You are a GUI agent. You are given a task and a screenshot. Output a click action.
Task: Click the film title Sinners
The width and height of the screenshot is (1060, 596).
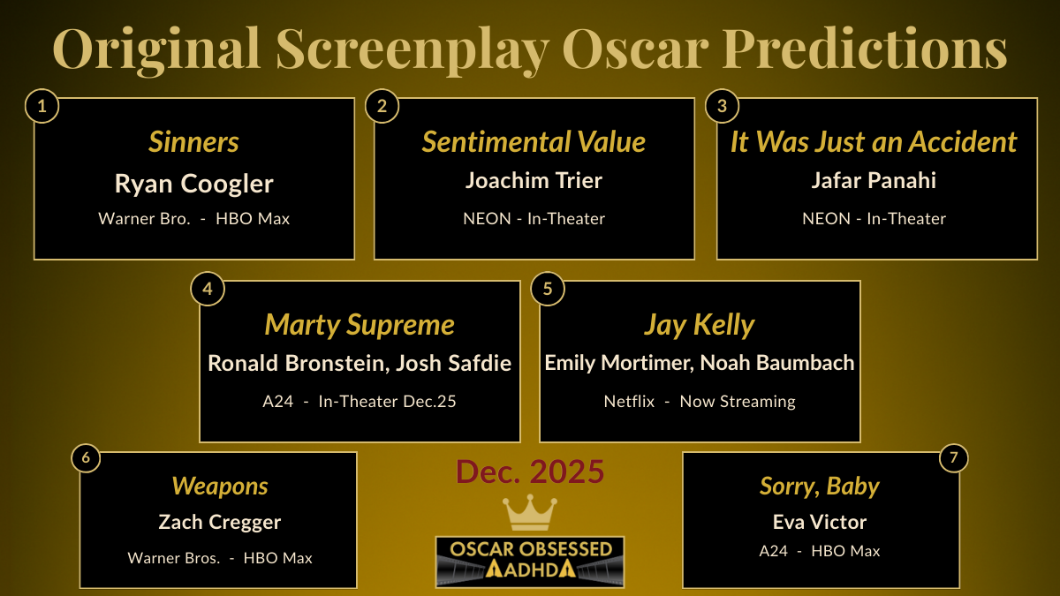(x=193, y=142)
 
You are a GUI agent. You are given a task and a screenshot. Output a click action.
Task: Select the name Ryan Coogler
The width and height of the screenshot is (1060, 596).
(x=193, y=184)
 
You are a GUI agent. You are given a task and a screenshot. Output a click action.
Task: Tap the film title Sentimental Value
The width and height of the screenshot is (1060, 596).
(x=534, y=142)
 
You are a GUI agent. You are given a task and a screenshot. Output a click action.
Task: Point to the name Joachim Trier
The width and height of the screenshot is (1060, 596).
(x=534, y=181)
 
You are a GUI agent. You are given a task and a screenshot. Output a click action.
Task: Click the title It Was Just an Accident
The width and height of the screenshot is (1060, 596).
(x=874, y=142)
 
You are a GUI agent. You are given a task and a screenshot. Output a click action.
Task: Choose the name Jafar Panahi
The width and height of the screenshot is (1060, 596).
(x=874, y=181)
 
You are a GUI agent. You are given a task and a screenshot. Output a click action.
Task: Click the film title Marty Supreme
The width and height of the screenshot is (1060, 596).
(x=360, y=325)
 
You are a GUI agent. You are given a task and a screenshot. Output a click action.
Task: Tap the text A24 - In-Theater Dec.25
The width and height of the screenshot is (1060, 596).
(x=360, y=401)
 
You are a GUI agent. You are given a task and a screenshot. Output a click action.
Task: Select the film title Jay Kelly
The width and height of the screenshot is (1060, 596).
(x=700, y=325)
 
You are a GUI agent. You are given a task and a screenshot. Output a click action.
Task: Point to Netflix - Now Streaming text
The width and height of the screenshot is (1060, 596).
(x=700, y=401)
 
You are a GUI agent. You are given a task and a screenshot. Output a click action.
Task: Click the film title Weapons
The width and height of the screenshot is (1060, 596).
(x=220, y=486)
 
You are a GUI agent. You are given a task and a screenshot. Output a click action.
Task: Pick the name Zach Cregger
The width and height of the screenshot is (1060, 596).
(x=220, y=522)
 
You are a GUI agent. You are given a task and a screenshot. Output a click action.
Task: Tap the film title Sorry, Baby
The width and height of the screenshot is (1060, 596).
(x=820, y=486)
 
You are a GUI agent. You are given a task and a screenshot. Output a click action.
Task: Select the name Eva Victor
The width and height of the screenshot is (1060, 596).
(x=820, y=522)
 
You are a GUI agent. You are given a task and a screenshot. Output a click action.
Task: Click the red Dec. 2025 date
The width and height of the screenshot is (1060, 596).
(x=530, y=472)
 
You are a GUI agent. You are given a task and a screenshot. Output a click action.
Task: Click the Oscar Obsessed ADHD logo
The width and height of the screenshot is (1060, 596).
(x=529, y=562)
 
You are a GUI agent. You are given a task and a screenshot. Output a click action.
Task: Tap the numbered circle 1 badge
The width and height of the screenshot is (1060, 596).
(x=42, y=107)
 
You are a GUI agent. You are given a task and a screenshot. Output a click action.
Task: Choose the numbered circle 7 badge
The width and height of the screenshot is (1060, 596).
(x=952, y=458)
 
